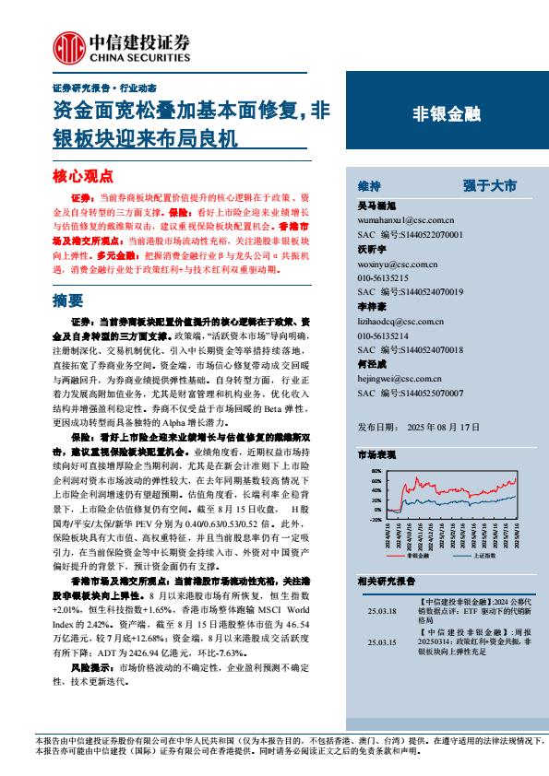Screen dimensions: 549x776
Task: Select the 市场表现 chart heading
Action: [376, 456]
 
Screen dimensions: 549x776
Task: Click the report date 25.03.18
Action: [380, 610]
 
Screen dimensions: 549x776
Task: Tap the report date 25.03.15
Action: [380, 642]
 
